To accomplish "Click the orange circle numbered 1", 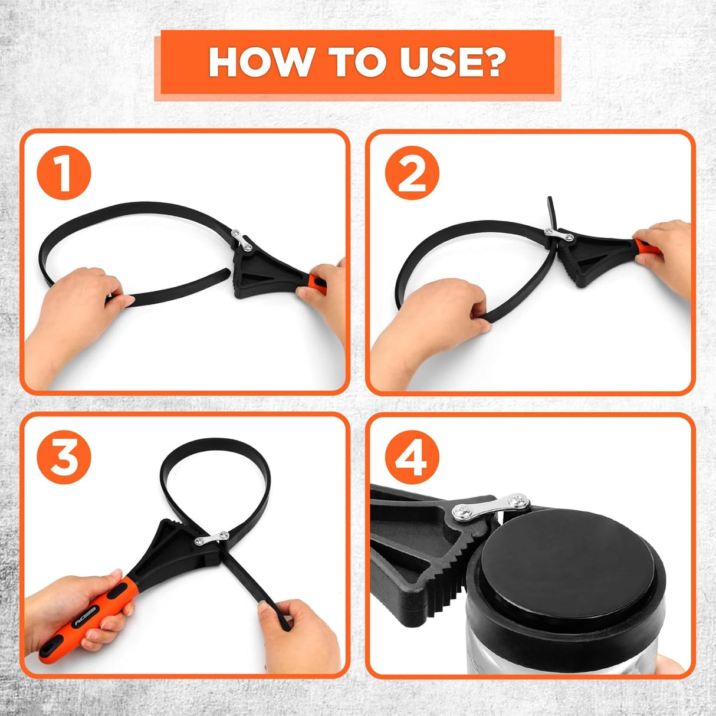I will [x=64, y=172].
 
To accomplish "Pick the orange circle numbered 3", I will [x=64, y=457].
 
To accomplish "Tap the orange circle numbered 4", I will [x=412, y=457].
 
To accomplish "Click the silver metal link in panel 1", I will [x=242, y=239].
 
